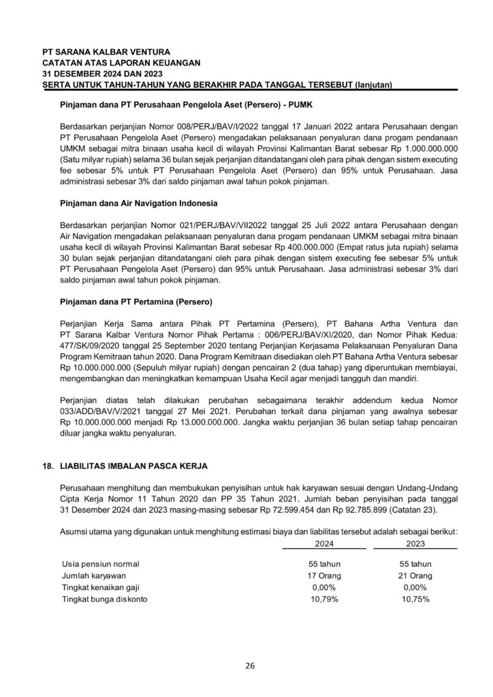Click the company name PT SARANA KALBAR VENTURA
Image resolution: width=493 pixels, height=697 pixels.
click(106, 52)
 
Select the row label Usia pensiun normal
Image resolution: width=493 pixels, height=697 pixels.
click(101, 564)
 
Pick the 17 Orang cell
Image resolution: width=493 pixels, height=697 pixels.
click(325, 575)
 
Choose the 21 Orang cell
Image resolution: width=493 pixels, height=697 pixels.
click(414, 575)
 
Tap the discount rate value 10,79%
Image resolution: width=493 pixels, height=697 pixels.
click(325, 599)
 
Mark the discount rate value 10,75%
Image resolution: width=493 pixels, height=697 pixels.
click(414, 599)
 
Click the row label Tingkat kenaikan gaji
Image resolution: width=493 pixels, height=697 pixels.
click(102, 587)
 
